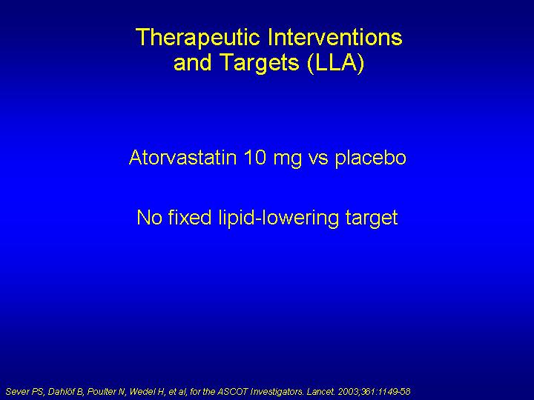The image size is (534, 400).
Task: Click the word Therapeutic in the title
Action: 198,38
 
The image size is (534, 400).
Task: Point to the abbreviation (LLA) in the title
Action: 335,63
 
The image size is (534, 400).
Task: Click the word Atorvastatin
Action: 183,158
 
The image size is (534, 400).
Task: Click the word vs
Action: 318,159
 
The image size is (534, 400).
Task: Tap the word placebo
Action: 371,159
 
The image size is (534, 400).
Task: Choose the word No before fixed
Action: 149,217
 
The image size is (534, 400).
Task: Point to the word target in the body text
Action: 372,219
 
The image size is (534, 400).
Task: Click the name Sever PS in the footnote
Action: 25,392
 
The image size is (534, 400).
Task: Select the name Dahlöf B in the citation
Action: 65,392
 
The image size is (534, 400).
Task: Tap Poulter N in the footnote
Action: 107,392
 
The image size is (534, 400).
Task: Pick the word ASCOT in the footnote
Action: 233,392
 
